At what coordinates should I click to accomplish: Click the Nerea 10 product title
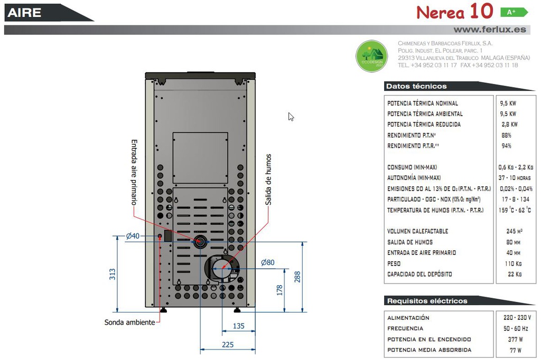click(x=454, y=12)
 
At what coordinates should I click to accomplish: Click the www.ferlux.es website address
click(x=490, y=30)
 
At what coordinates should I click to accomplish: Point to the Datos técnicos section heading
click(x=416, y=86)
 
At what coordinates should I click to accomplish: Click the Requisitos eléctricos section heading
click(x=427, y=301)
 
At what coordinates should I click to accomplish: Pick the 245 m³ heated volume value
click(x=514, y=231)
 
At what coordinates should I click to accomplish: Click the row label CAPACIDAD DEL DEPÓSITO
click(x=419, y=274)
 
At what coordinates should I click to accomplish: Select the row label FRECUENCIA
click(x=405, y=329)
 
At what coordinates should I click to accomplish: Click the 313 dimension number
click(x=112, y=274)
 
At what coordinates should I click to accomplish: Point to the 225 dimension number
click(x=228, y=345)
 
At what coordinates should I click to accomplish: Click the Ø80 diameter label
click(x=268, y=262)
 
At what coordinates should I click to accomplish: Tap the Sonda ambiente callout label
click(x=130, y=322)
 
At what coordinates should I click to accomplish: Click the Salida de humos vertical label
click(x=268, y=179)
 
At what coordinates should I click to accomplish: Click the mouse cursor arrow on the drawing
click(x=291, y=117)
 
